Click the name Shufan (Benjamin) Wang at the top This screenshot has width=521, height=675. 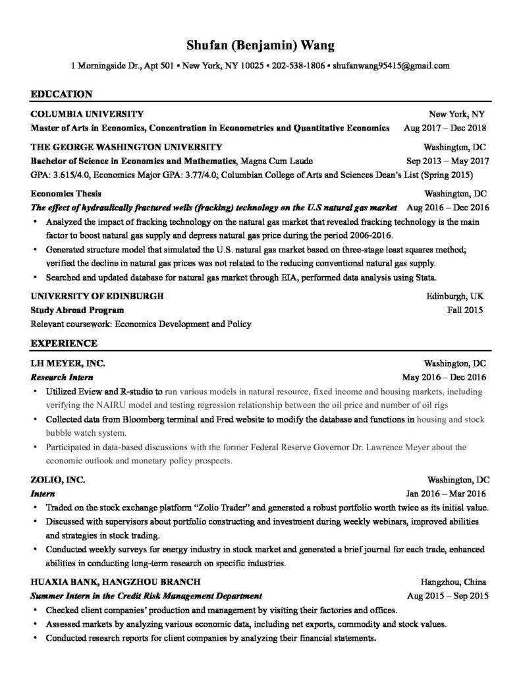(260, 45)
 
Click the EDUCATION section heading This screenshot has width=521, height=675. (61, 94)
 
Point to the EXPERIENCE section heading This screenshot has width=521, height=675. (64, 343)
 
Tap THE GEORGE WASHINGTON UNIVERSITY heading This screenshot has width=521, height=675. (126, 146)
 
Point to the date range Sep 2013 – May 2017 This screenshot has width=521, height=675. (447, 160)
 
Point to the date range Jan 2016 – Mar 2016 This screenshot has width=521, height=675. (447, 493)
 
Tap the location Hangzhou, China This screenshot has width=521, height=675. (453, 582)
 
